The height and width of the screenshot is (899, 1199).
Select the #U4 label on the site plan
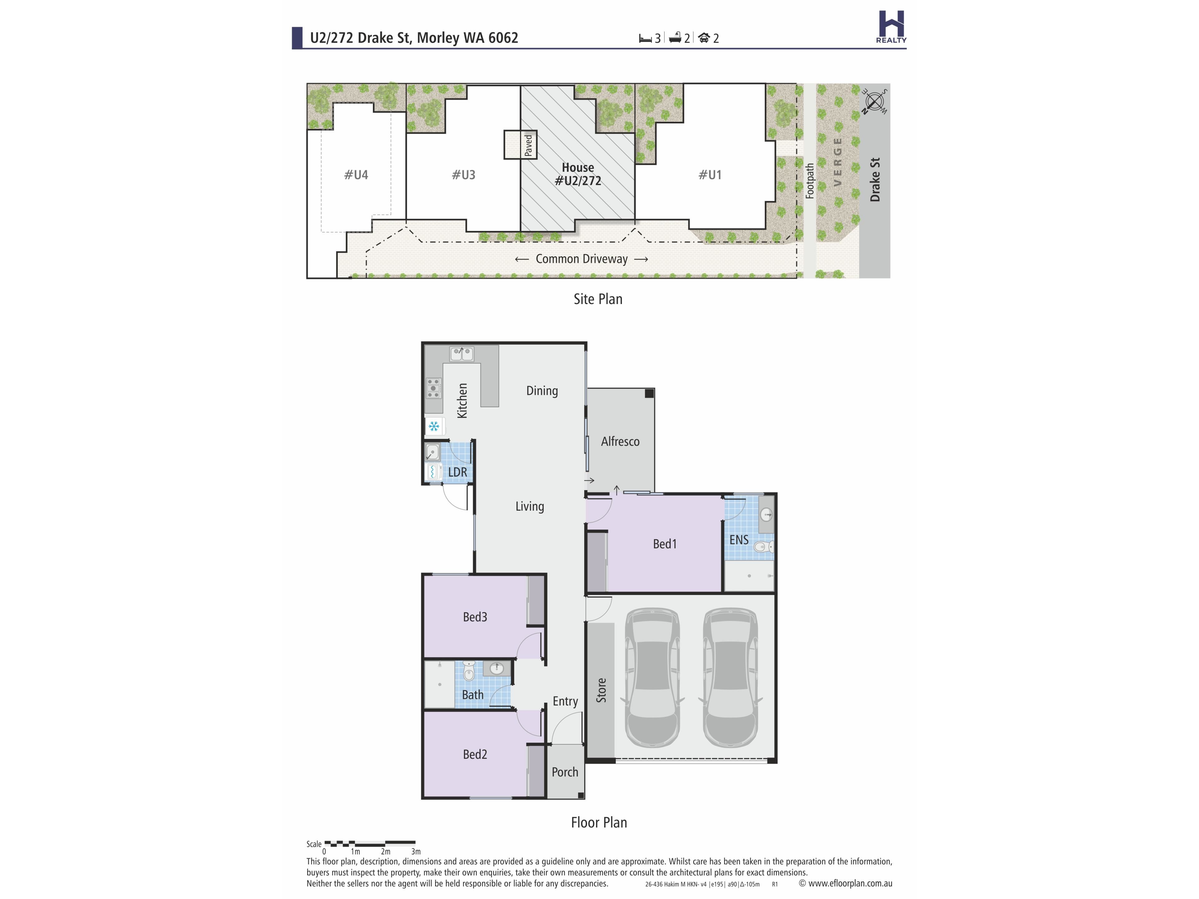click(356, 174)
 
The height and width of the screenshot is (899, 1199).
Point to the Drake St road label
click(875, 180)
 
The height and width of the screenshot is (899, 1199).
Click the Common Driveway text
click(582, 259)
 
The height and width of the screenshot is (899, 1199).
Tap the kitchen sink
click(461, 354)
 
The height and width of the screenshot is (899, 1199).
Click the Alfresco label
click(620, 442)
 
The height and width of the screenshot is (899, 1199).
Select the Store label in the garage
click(601, 690)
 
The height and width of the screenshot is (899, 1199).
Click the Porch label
click(565, 772)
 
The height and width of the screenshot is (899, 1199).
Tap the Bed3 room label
click(475, 617)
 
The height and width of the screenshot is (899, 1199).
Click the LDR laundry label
click(457, 472)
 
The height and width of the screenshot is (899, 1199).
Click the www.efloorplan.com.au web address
click(850, 883)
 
